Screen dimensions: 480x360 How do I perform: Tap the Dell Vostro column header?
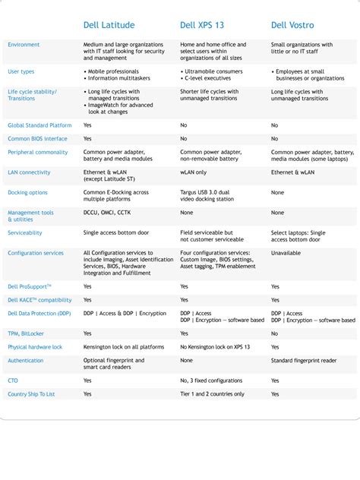point(292,25)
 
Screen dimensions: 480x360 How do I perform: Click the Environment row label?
point(24,45)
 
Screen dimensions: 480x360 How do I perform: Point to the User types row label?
point(21,71)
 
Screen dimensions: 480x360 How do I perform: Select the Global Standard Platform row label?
point(39,125)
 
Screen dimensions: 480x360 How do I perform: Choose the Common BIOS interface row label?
point(37,139)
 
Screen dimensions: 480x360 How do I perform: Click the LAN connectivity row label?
point(29,172)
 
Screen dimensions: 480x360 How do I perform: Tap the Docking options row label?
point(27,193)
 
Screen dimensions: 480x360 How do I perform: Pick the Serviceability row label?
point(25,233)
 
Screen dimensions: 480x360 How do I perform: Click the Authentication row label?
point(26,361)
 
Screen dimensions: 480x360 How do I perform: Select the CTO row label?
point(13,381)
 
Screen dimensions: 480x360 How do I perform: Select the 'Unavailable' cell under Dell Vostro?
point(286,253)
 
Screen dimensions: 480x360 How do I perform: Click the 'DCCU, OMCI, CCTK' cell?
point(109,213)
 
